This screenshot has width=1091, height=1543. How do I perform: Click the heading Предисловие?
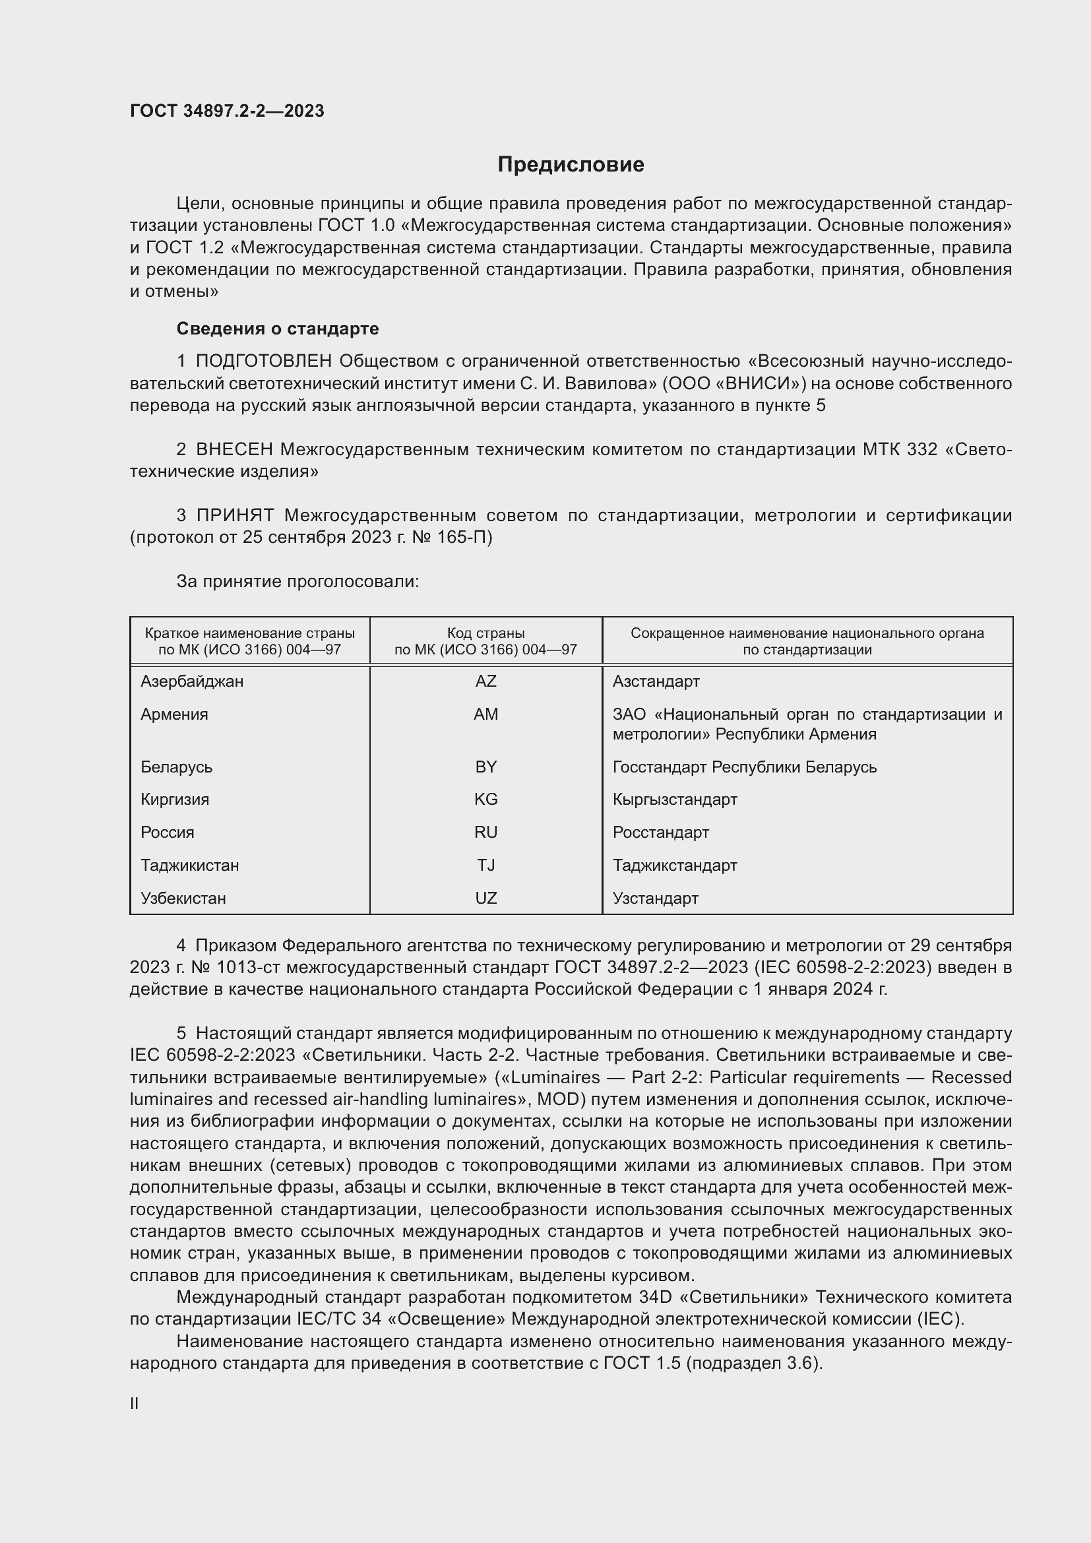pos(571,165)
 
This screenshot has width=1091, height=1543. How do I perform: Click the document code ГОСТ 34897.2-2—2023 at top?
pos(226,111)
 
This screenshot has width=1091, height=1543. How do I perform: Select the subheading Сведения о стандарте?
pos(278,329)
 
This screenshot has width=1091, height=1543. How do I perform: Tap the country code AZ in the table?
pos(485,681)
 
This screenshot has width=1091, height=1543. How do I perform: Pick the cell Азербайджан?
pos(191,681)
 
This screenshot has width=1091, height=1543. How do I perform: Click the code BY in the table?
pos(485,767)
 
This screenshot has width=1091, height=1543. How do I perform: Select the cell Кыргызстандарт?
pos(675,800)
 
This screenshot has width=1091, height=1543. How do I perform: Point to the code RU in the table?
pos(485,833)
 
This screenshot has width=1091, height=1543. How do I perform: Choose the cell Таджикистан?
pos(189,866)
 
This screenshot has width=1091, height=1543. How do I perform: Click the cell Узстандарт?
pos(655,898)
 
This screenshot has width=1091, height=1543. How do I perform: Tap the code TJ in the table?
pos(485,866)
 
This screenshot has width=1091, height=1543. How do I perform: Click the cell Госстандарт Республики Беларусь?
pos(744,767)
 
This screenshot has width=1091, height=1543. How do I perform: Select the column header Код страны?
pos(485,634)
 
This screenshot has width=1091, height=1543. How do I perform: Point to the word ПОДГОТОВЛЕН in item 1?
pos(263,362)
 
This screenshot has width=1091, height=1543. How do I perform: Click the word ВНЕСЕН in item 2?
pos(234,449)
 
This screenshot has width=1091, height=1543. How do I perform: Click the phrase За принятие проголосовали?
pos(297,581)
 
